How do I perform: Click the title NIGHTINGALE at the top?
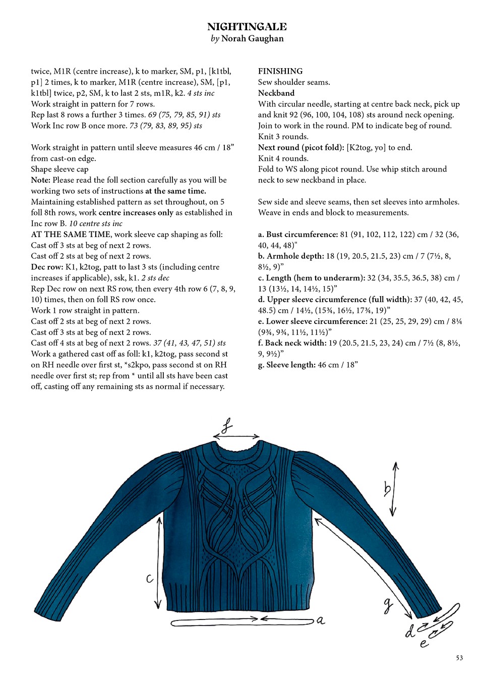point(247,27)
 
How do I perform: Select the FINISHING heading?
point(280,71)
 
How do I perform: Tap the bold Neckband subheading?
point(276,93)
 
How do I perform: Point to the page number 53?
point(459,658)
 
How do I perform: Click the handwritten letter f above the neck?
point(227,426)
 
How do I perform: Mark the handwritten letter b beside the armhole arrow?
point(387,488)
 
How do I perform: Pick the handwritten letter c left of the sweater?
point(150,578)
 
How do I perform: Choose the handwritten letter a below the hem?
point(321,621)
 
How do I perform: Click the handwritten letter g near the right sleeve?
point(388,605)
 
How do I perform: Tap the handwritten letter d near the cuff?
point(410,631)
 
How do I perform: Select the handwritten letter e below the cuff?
point(424,643)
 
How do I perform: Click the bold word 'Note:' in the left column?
point(40,180)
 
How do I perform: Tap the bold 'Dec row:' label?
point(47,267)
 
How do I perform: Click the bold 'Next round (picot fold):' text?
point(301,147)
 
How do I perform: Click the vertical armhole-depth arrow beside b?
point(395,488)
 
